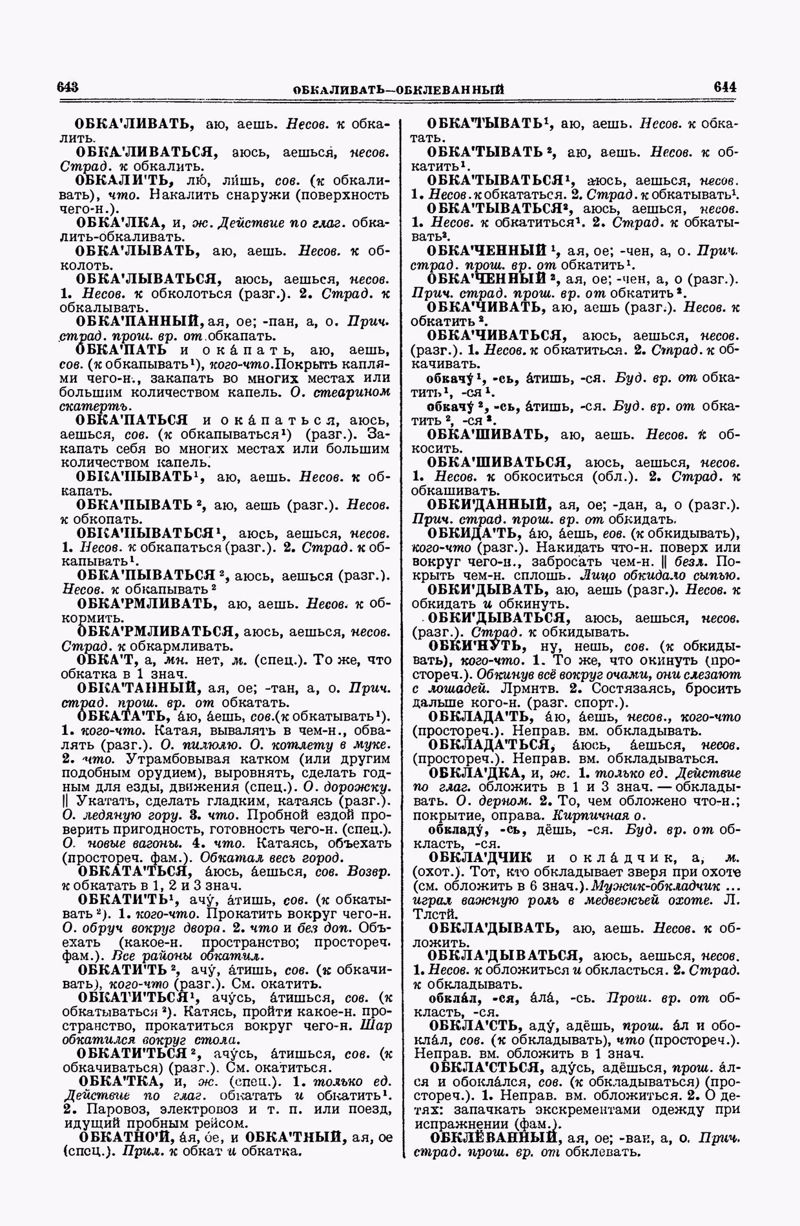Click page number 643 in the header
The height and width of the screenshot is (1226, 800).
coord(68,87)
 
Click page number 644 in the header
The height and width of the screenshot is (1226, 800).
coord(725,86)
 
